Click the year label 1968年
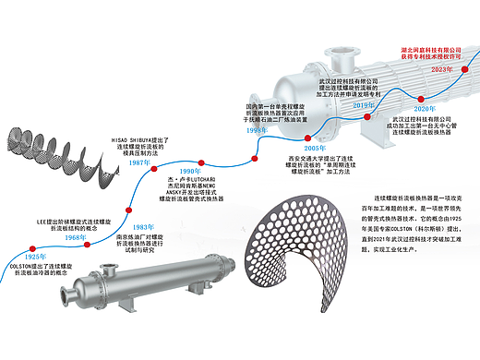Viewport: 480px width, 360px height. [76, 238]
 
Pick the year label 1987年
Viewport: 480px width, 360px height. [140, 162]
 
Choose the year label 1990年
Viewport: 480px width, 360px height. [190, 172]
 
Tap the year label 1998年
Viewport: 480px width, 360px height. [258, 131]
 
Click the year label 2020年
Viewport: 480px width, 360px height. [425, 109]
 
